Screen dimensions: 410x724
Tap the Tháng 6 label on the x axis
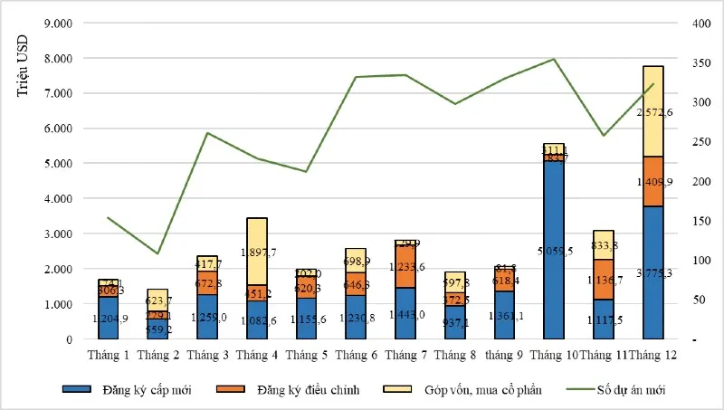click(x=354, y=354)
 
